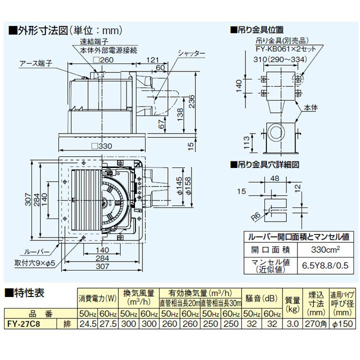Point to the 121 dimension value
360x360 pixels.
153,60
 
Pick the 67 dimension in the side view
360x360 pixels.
160,123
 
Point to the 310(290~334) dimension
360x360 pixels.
279,59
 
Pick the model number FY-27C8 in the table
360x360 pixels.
24,324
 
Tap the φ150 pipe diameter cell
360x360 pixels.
342,324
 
